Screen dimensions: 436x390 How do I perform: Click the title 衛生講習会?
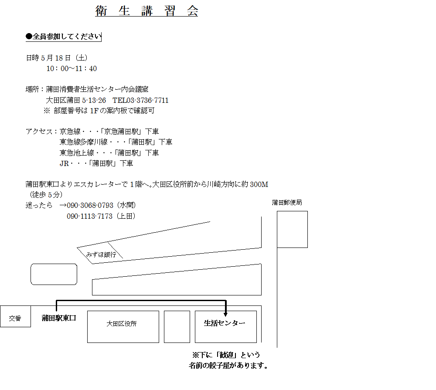point(146,11)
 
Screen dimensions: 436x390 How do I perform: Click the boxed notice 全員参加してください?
point(63,37)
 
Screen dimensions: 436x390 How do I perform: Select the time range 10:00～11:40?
point(72,68)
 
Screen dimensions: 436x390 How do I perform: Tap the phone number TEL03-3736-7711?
point(140,100)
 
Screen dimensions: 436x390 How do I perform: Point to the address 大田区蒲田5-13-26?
point(76,100)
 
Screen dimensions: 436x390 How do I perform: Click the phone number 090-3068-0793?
point(90,205)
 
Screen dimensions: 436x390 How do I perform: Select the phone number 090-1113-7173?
point(89,216)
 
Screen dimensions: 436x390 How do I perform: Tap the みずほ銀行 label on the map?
point(101,254)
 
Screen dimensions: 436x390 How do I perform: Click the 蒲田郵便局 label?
point(287,203)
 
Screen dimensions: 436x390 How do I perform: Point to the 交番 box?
point(15,316)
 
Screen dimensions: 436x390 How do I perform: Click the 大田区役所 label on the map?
point(122,324)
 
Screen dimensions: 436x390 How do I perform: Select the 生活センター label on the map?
point(225,323)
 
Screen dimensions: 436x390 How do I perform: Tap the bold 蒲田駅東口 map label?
point(59,318)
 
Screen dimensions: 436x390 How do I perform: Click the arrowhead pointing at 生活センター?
point(225,314)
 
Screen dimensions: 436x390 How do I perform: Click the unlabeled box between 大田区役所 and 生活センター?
point(177,327)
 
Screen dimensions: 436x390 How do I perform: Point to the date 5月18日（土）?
point(64,58)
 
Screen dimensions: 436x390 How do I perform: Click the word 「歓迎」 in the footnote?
point(227,355)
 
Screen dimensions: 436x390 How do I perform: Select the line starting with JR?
point(96,163)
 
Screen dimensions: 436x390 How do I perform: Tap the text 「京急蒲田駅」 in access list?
point(121,132)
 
